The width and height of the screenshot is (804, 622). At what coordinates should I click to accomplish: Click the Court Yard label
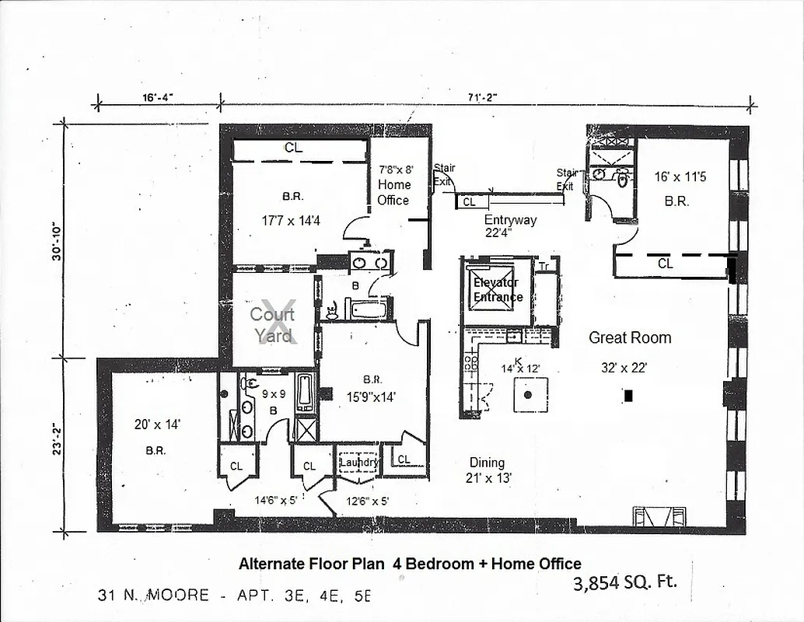click(272, 325)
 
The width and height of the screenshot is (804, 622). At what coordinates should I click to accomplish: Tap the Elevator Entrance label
click(498, 290)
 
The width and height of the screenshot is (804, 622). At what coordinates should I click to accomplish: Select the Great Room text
click(629, 337)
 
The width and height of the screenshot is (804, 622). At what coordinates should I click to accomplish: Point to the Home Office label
click(393, 192)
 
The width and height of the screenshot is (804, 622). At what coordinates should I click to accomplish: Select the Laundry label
click(358, 462)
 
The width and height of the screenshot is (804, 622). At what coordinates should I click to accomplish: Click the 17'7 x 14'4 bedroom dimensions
click(291, 221)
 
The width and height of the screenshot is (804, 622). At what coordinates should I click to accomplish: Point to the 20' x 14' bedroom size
click(157, 425)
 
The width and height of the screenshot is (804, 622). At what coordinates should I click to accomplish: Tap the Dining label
click(487, 463)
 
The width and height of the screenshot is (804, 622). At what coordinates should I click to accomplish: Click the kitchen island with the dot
click(529, 395)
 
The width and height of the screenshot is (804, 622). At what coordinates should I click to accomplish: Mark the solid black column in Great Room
click(628, 396)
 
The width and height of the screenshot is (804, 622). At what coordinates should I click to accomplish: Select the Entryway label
click(510, 220)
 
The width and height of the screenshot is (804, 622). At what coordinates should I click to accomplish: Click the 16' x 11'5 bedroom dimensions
click(680, 176)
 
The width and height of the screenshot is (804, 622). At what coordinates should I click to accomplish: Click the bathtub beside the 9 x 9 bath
click(305, 393)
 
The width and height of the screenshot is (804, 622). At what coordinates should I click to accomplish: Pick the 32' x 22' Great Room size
click(623, 369)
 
